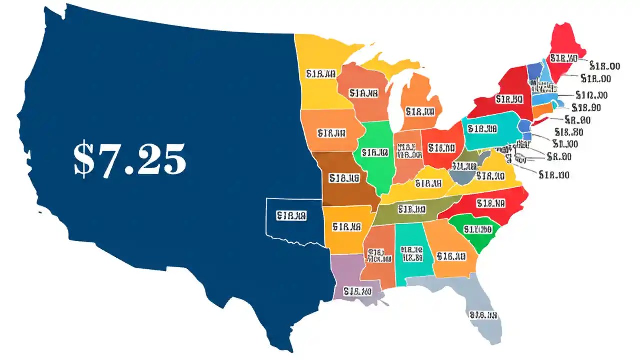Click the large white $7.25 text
coord(130,160)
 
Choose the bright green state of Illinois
coord(375,155)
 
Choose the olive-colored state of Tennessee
coord(412,210)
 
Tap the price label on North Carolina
coord(491,203)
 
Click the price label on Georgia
coord(451,256)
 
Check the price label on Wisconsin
coord(364,93)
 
